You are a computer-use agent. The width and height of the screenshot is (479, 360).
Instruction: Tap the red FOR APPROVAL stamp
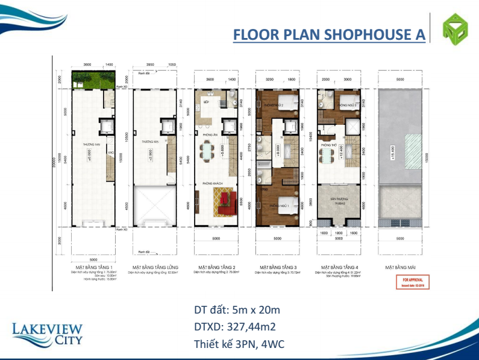pos(408,281)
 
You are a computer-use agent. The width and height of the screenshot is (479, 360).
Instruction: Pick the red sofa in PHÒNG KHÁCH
pos(223,201)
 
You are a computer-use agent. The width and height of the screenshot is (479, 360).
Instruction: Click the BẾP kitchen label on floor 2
pos(206,103)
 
